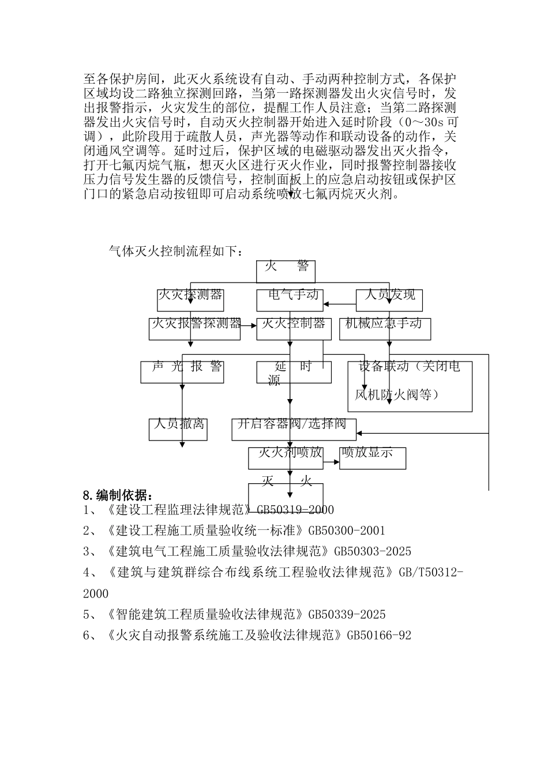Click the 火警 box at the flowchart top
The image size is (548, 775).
[x=286, y=271]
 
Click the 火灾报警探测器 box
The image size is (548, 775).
[x=194, y=329]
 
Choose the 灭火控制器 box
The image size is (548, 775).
[x=294, y=329]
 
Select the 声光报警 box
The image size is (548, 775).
[x=182, y=372]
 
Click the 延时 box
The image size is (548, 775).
[x=294, y=372]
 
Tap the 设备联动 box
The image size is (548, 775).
[x=410, y=386]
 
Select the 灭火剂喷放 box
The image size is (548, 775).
[x=286, y=458]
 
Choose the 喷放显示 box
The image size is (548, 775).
[x=373, y=458]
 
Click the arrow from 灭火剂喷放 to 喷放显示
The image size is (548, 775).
[x=331, y=461]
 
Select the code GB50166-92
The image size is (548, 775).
[x=378, y=635]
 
